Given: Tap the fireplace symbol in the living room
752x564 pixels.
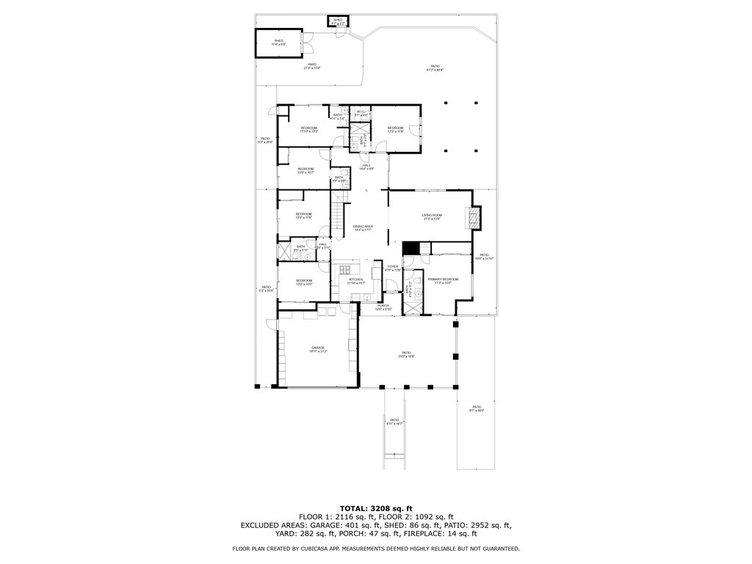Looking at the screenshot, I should pos(474,217).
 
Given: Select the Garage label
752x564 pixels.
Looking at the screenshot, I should pos(318,349).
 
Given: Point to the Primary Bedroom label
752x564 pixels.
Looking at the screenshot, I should pos(443,280).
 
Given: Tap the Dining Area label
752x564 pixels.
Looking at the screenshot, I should pos(364,228).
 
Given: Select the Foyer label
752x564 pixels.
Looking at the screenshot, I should pos(393,267).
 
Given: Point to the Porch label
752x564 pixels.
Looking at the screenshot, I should pos(383,306).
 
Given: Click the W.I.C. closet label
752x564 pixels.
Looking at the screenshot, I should pos(361,113).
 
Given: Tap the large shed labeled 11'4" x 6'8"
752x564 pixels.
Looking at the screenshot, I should pos(279,42).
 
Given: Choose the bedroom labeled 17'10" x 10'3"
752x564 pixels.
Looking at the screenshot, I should pos(309,129).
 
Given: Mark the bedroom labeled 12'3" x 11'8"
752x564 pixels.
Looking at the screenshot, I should pos(396,129).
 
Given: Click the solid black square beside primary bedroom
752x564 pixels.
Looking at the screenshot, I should pos(410,248).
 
